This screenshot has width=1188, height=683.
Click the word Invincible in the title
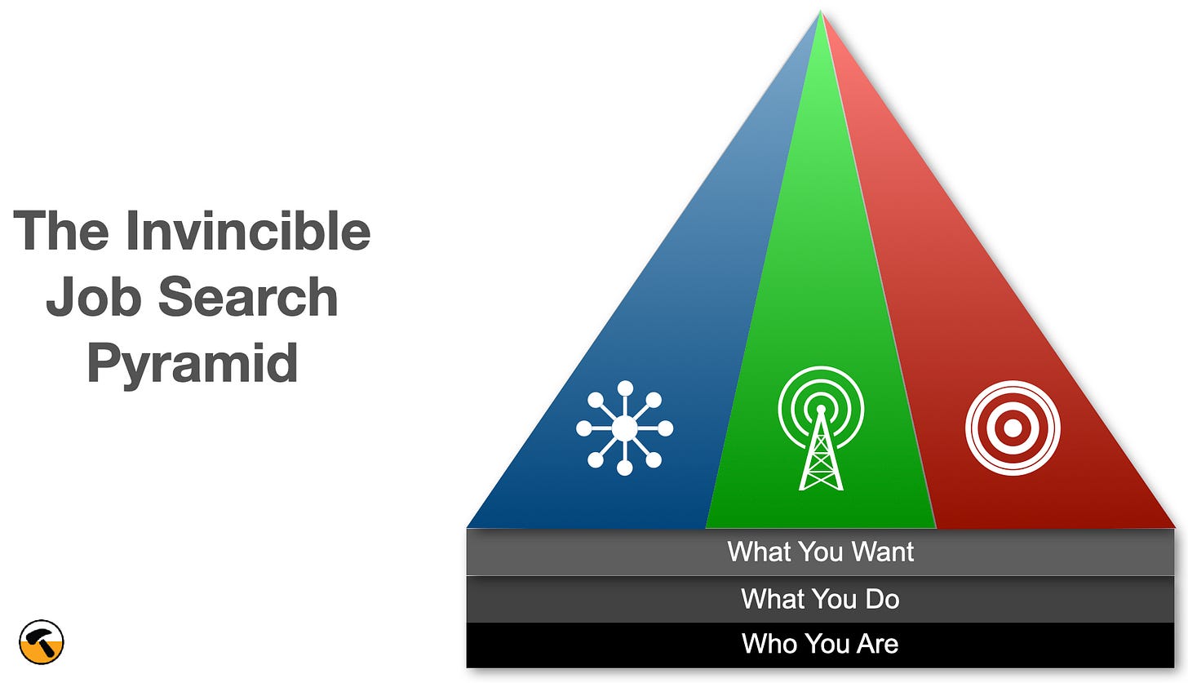coord(248,231)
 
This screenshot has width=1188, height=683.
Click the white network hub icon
coord(624,428)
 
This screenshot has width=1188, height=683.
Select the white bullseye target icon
coord(1013,428)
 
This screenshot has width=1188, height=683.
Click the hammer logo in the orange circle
coord(42,642)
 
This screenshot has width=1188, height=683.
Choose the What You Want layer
coord(820,552)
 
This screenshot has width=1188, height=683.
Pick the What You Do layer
coord(820,599)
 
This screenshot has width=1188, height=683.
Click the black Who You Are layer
coord(820,644)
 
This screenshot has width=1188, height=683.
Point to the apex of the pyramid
coord(821,13)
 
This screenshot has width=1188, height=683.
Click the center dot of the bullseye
coord(1013,428)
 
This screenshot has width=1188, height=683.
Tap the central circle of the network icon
coord(624,428)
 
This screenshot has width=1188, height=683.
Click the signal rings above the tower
coord(821,384)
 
